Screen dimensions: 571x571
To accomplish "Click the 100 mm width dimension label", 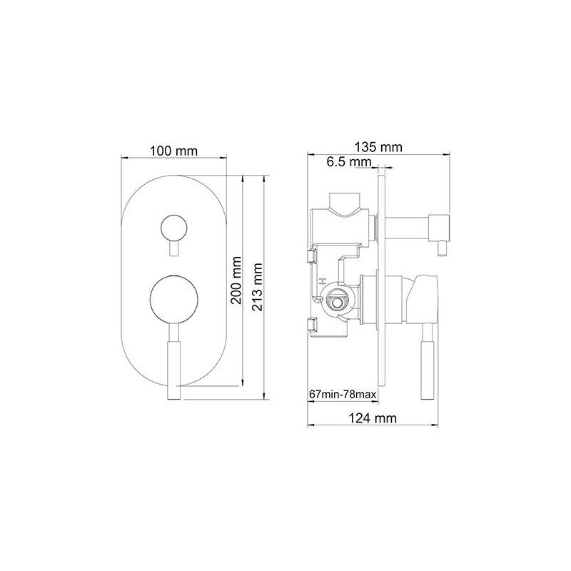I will tap(173, 151).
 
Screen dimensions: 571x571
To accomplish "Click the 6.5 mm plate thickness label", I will tap(350, 163).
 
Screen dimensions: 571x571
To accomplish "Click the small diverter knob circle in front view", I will tap(173, 228).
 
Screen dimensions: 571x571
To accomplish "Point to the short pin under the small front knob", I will tap(173, 250).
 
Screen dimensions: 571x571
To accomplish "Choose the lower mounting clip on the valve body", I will tap(311, 325).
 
